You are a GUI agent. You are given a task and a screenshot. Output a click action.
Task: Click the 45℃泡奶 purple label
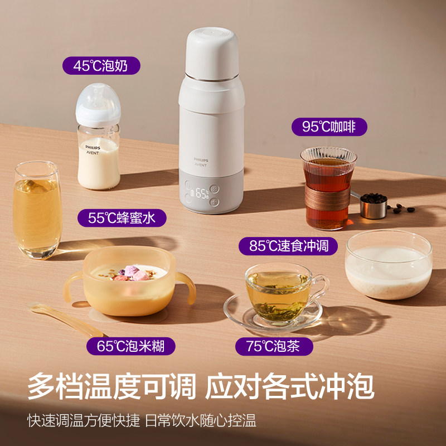coord(101,66)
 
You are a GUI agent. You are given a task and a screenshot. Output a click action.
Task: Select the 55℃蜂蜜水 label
coord(127,217)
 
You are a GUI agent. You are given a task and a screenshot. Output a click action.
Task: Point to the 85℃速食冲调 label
coord(288,245)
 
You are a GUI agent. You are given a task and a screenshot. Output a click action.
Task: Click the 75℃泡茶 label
coord(273,346)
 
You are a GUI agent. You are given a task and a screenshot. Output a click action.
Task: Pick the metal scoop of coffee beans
coord(372,203)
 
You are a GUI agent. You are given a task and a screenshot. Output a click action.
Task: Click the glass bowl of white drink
coord(388,266)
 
